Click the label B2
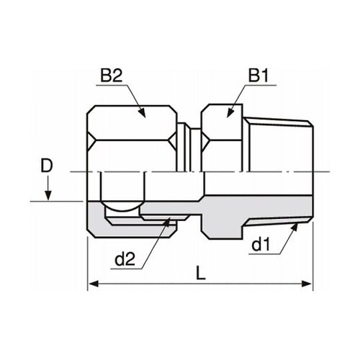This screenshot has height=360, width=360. coord(112,74)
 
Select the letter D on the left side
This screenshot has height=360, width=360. coord(47,166)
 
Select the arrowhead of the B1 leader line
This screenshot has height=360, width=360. coord(229,113)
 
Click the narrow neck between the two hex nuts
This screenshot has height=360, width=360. coord(189,148)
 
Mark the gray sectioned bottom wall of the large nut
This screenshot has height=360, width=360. coord(130,228)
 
